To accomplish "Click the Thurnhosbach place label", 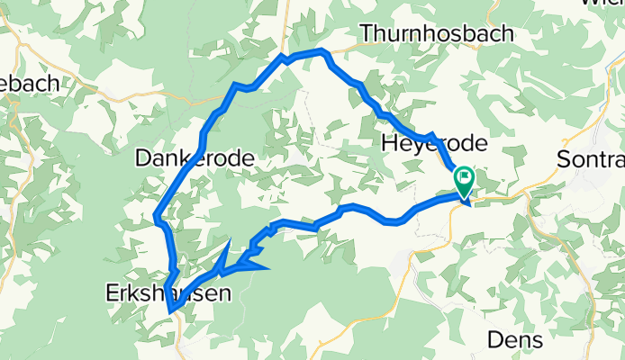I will [437, 33].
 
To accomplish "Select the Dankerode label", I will [194, 159].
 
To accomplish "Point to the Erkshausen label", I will [166, 292].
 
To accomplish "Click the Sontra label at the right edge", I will [591, 158].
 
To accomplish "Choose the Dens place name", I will [515, 339].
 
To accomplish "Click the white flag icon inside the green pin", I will [465, 176].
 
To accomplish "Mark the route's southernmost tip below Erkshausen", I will [170, 311].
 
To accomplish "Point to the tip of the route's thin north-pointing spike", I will [231, 241].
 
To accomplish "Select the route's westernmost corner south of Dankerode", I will [157, 217].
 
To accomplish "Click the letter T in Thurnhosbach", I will [367, 33].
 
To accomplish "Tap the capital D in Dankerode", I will [142, 159].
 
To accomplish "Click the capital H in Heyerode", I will [389, 144].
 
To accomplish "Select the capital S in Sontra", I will [566, 158].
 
